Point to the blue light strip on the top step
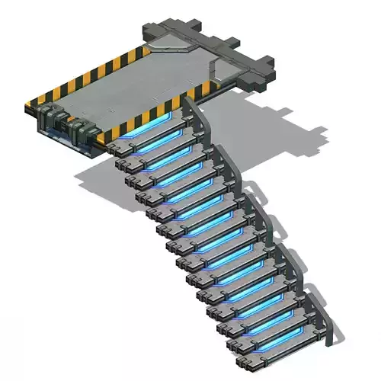156,131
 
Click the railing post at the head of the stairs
190,107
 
